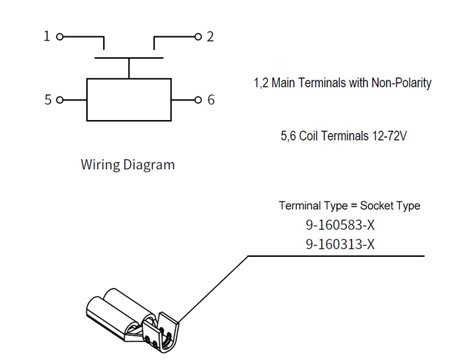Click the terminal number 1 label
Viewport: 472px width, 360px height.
click(x=47, y=36)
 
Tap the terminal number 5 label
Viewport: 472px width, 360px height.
click(x=48, y=100)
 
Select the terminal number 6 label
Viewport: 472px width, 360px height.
click(x=211, y=100)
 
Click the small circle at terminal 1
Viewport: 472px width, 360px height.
click(x=60, y=36)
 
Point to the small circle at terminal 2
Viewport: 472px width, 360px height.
click(x=198, y=36)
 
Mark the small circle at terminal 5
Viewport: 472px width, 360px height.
click(x=60, y=100)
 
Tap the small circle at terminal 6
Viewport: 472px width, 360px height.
click(x=198, y=100)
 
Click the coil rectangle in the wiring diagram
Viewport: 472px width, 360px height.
click(x=129, y=100)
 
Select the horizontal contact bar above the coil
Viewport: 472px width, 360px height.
click(x=129, y=59)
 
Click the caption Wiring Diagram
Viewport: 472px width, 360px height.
click(x=127, y=164)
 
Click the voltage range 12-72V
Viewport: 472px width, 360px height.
click(x=390, y=136)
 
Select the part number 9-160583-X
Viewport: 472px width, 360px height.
click(x=340, y=225)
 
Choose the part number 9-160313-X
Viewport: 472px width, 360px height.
click(x=340, y=244)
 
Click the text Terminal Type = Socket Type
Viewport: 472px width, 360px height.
click(x=349, y=206)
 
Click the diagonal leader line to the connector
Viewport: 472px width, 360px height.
click(x=214, y=287)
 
